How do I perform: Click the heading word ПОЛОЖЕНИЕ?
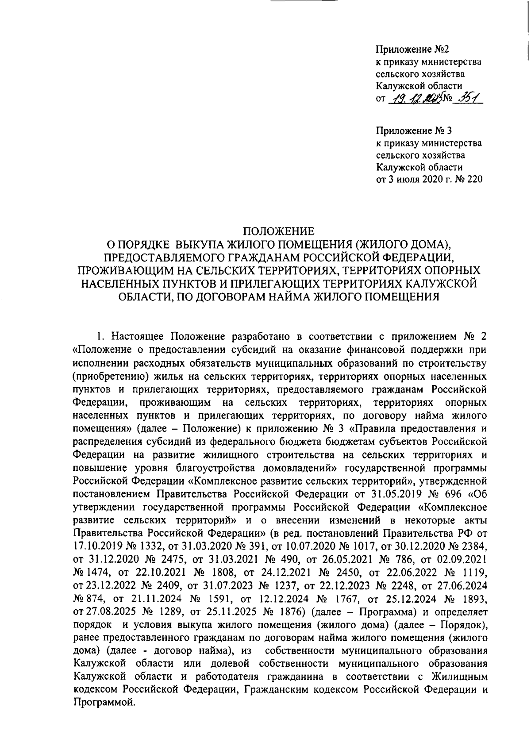[x=280, y=231]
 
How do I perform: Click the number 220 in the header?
[x=474, y=179]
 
